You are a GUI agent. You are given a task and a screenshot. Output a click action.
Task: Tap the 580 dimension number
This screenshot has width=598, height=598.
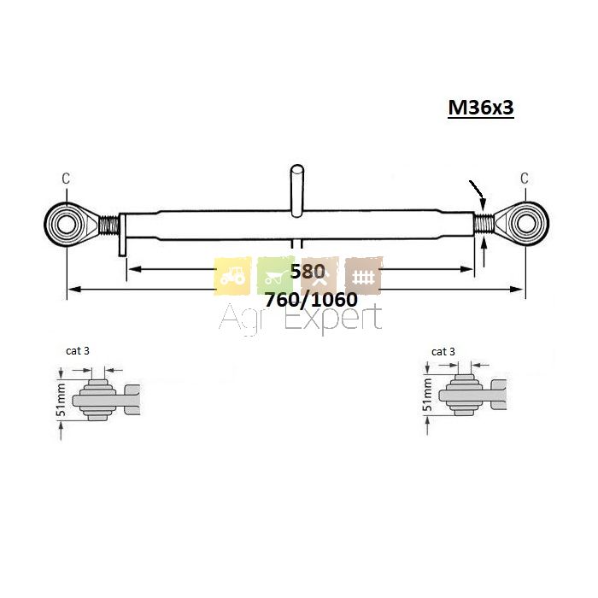[308, 272]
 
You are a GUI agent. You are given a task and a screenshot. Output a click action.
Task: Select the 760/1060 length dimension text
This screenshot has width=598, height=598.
[311, 300]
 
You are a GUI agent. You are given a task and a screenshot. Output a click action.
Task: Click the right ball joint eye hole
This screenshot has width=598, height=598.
[526, 224]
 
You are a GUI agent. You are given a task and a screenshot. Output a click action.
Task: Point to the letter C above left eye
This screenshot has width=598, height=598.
[66, 179]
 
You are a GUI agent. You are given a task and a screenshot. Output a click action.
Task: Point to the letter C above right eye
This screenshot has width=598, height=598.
[525, 178]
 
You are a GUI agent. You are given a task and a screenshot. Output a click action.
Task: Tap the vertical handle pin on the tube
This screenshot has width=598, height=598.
[297, 191]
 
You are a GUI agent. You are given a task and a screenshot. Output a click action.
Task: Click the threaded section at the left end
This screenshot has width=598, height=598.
[109, 225]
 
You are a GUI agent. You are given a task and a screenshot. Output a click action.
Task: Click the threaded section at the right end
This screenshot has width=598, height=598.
[484, 223]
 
